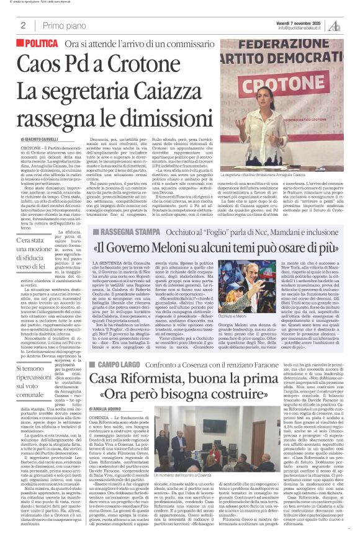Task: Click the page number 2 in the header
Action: pyautogui.click(x=22, y=25)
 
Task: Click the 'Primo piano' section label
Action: pyautogui.click(x=61, y=25)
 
